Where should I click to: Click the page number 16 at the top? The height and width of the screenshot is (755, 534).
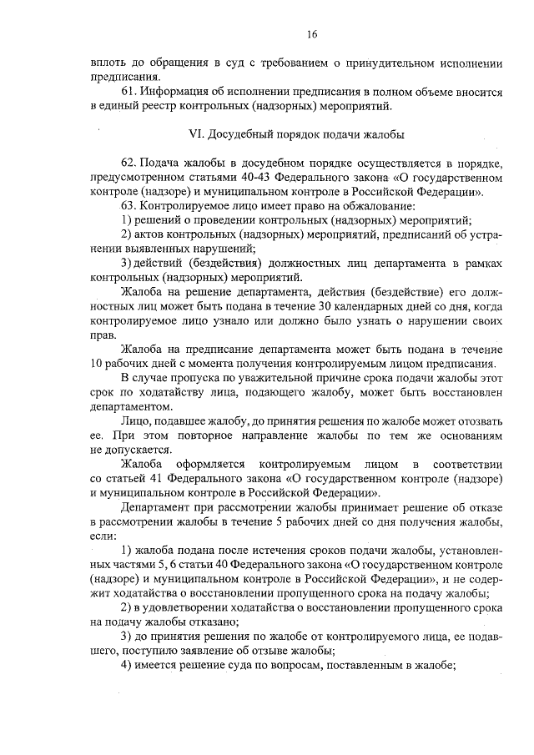311,34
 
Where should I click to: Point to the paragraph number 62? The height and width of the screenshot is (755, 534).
129,162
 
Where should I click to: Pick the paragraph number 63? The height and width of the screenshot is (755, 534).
129,205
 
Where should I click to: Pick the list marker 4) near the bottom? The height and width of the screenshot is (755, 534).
127,665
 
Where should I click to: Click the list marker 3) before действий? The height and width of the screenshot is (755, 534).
127,263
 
